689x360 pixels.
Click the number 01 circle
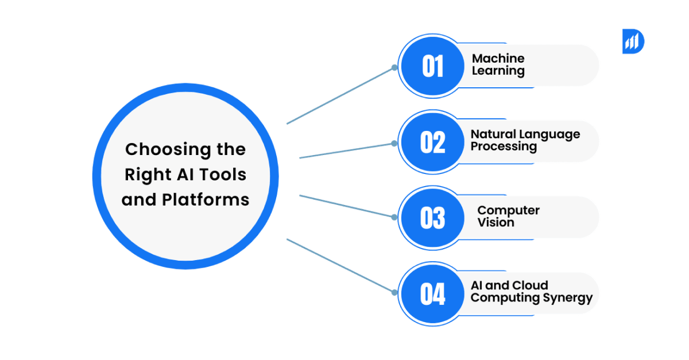click(x=432, y=67)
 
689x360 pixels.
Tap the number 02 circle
click(x=432, y=142)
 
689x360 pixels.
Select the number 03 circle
click(x=432, y=218)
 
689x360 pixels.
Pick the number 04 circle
click(x=432, y=294)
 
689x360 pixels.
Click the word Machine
click(x=498, y=58)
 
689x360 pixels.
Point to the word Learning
click(x=498, y=71)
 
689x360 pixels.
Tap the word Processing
click(x=504, y=147)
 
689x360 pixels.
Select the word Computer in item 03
click(x=508, y=210)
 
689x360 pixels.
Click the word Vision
click(x=496, y=223)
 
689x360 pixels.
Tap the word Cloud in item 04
click(x=529, y=285)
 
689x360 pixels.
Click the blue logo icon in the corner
click(x=633, y=41)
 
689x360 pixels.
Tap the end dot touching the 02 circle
click(x=394, y=143)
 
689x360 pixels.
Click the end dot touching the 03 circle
click(x=394, y=217)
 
